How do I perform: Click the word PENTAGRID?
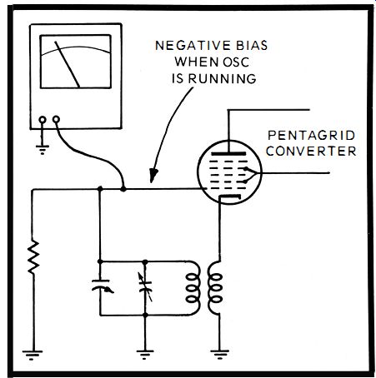coord(312,136)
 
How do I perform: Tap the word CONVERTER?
coord(311,152)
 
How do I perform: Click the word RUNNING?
coord(222,79)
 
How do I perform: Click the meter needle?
coord(68,64)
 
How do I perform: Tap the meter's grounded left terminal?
coord(43,120)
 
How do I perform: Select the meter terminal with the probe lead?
coord(56,120)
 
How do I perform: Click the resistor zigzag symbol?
coord(33,257)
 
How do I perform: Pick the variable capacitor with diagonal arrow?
coord(145,287)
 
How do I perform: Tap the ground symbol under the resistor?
coord(33,355)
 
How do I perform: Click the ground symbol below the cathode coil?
coord(219,355)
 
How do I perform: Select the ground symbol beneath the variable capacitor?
coord(145,355)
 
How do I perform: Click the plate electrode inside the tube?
coord(228,153)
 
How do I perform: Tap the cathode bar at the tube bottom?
coord(229,196)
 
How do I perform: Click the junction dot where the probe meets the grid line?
coord(123,189)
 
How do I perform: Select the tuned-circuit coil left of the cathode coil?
coord(193,288)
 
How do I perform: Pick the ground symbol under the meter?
coord(43,149)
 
